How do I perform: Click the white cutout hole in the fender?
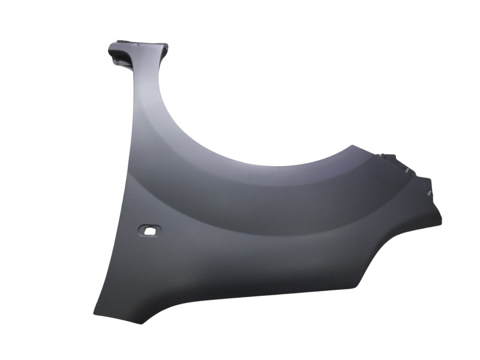pyautogui.click(x=149, y=229)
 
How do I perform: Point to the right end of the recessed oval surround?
pyautogui.click(x=161, y=230)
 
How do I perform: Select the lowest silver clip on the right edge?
pyautogui.click(x=430, y=193)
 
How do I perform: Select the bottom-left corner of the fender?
pyautogui.click(x=95, y=311)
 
